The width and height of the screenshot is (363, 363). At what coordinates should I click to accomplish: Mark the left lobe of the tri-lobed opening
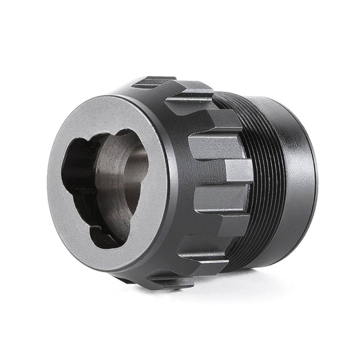[73, 167]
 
